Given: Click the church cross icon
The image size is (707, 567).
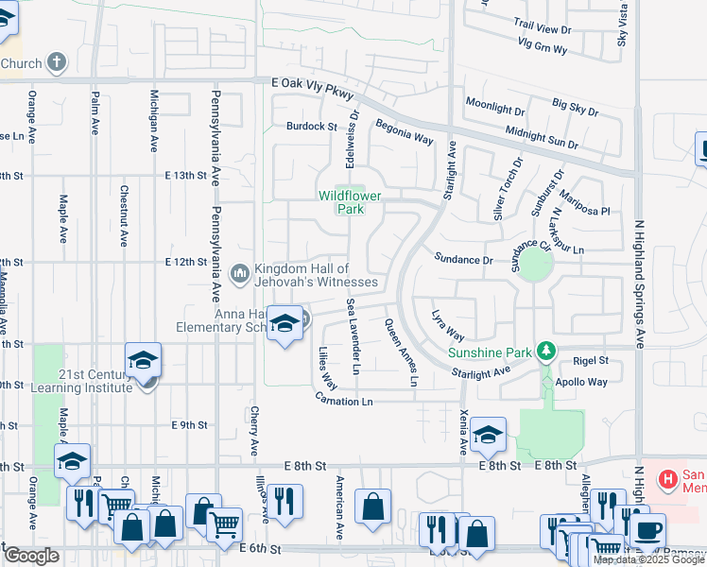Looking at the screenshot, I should point(57,63).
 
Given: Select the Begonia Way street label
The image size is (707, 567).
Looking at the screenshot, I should point(404,130).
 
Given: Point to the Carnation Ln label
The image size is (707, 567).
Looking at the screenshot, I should point(345,402).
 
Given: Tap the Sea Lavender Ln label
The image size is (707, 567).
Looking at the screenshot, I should point(353,336).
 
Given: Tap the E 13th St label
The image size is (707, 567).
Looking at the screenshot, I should point(184,176).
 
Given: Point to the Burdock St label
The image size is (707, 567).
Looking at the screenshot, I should point(313,126).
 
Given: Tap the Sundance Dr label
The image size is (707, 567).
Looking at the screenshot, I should point(463,258).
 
